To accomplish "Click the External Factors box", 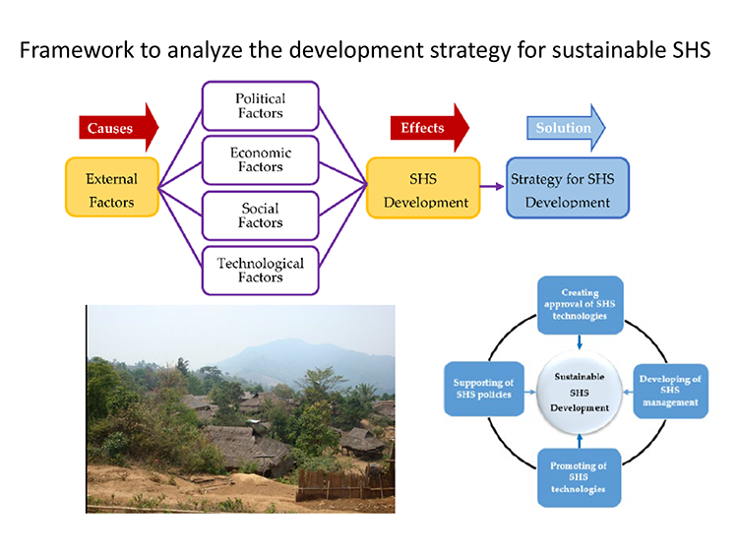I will coord(111,187).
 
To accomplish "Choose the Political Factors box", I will coord(260,106).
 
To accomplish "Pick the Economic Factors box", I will coord(260,160).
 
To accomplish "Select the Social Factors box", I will coord(260,215).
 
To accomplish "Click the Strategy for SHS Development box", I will coord(567,188).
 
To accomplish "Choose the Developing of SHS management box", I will coord(669,391).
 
